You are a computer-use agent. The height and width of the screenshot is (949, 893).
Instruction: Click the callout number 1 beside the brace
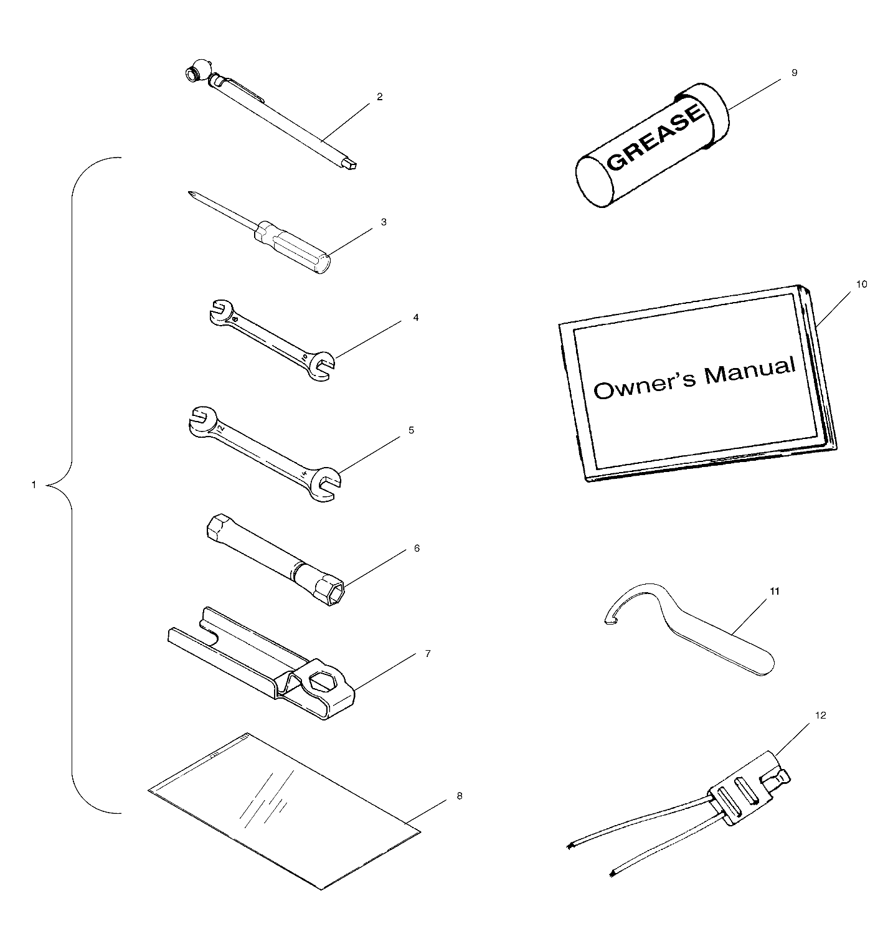coord(34,484)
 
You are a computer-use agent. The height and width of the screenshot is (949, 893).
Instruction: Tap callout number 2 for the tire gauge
coord(380,97)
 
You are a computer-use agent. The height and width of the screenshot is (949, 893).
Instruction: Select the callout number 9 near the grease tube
coord(794,72)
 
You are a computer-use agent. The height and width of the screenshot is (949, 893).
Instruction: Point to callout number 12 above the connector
coord(820,715)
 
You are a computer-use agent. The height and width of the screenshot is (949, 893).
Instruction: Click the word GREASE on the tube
coord(656,138)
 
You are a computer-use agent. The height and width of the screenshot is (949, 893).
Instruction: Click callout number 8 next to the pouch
coord(460,796)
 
